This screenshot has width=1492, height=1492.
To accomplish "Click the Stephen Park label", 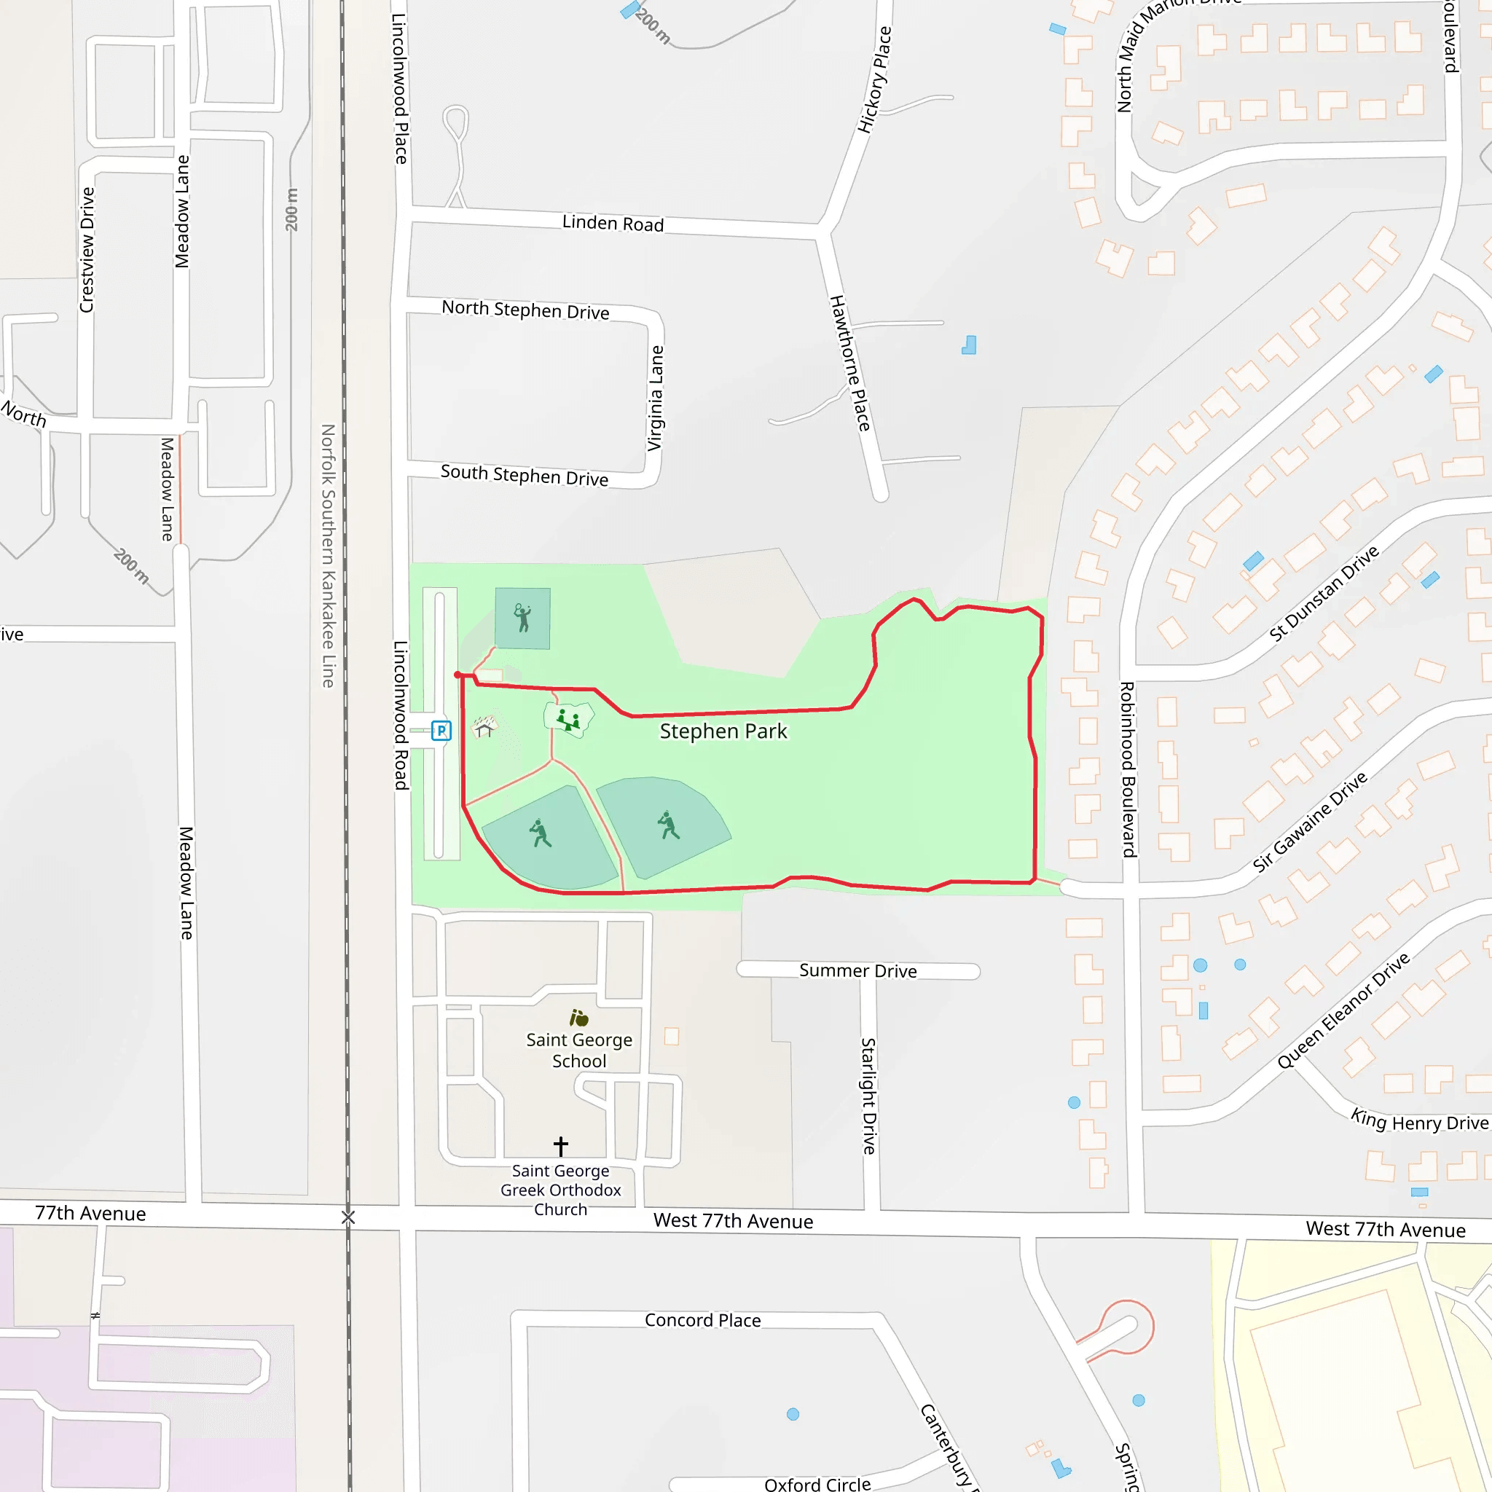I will click(x=723, y=731).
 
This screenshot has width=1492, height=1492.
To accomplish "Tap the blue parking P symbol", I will click(x=441, y=731).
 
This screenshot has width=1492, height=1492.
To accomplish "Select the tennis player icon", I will click(x=523, y=618).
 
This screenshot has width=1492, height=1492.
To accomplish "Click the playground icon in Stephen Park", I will click(x=569, y=720).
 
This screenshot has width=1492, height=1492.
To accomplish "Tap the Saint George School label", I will click(x=579, y=1050).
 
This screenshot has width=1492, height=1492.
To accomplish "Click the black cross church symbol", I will click(x=561, y=1145).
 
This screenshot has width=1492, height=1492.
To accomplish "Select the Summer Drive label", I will click(x=858, y=970).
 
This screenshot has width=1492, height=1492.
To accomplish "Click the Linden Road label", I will click(x=613, y=223).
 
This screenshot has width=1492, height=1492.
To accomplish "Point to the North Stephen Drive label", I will click(x=525, y=310).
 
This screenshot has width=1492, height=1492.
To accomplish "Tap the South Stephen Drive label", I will click(x=525, y=475).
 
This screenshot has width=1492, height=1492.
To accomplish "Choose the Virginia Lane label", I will click(x=656, y=398).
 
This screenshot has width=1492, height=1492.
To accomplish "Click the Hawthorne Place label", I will click(x=849, y=363).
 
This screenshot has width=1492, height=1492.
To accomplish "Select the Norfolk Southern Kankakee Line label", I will click(x=329, y=555).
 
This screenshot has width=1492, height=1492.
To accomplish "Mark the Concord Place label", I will click(x=703, y=1320).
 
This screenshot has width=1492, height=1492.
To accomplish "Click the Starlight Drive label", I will click(x=869, y=1096).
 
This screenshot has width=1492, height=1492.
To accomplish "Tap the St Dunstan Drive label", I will click(x=1324, y=593).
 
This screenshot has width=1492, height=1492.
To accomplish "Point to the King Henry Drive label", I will click(x=1418, y=1121).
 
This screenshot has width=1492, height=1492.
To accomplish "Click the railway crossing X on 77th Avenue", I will click(x=348, y=1218).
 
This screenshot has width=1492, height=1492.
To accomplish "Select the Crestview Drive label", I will click(x=87, y=249).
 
